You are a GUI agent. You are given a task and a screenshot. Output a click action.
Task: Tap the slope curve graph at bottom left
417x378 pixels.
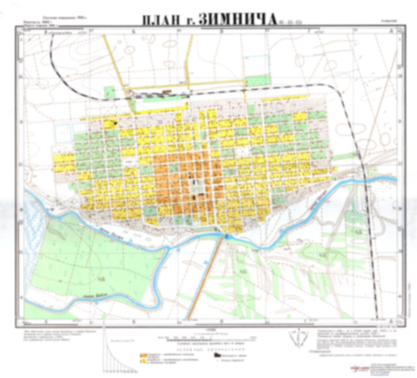115,357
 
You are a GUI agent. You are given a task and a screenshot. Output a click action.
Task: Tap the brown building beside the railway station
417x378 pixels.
166,91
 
